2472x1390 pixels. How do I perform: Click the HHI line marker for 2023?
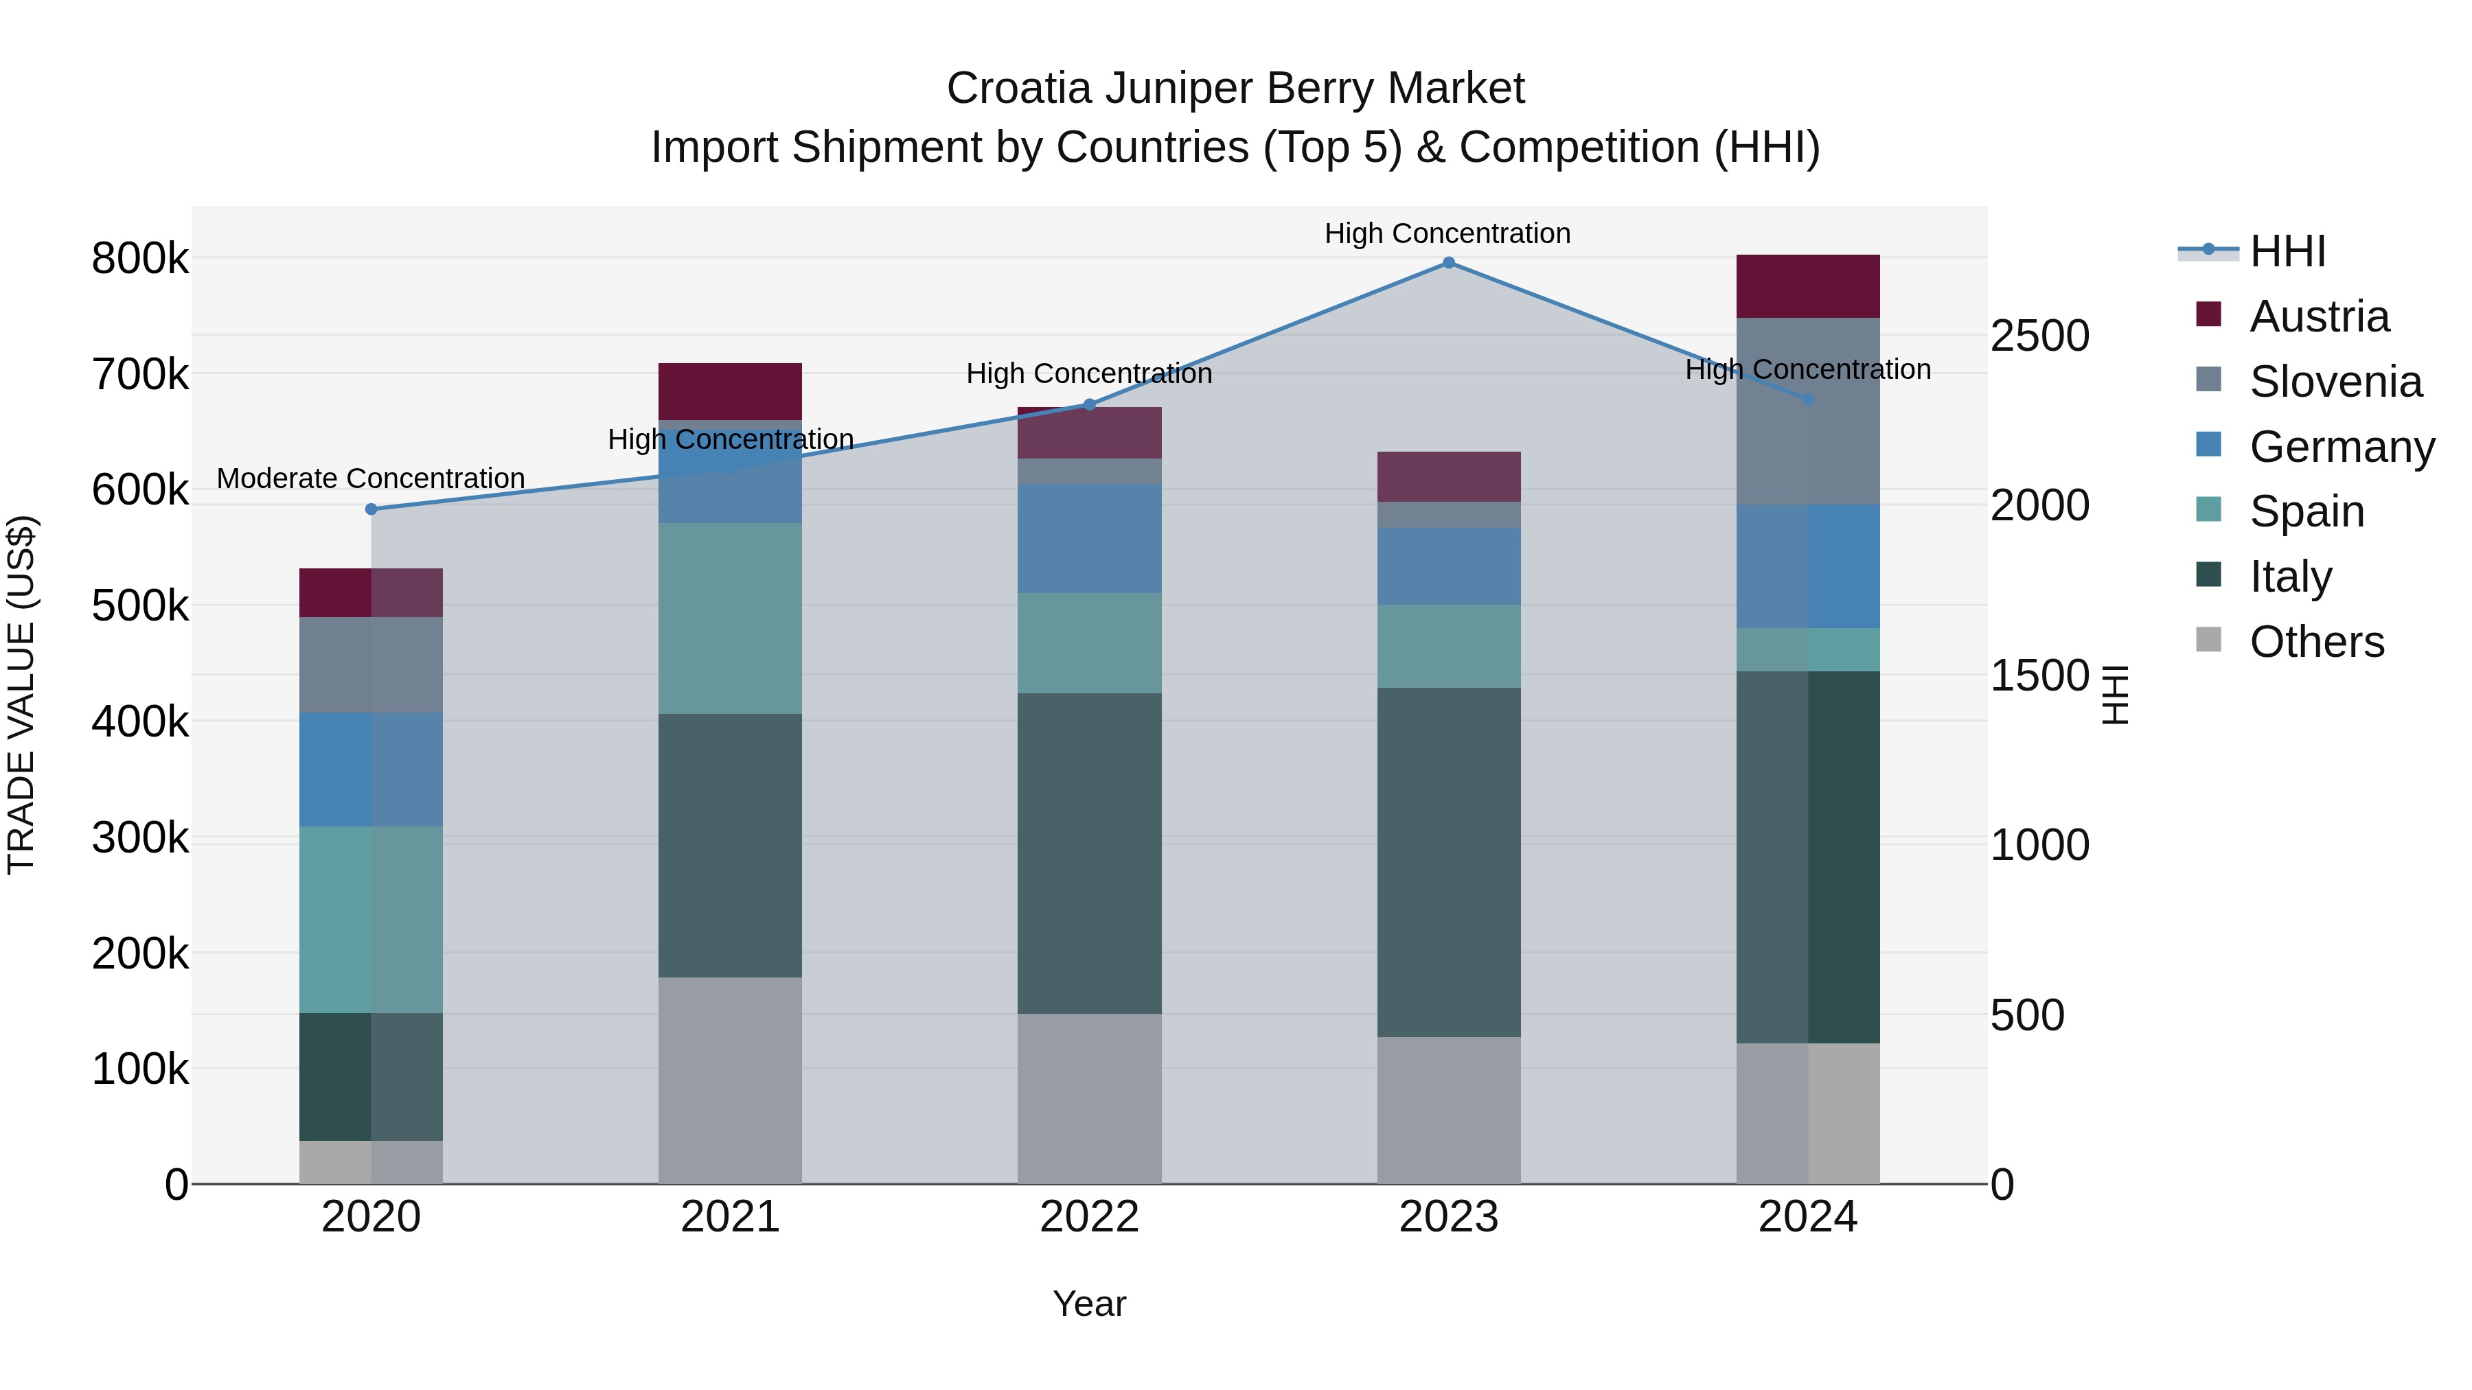point(1448,263)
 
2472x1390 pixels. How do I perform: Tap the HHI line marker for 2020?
point(371,509)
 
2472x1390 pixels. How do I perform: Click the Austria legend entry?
point(2318,316)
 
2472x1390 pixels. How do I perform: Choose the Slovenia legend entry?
point(2335,382)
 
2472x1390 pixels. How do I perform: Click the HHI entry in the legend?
point(2287,251)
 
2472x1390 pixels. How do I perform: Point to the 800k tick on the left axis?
point(140,259)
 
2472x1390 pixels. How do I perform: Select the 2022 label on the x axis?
point(1089,1217)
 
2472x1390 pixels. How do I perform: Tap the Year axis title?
point(1089,1304)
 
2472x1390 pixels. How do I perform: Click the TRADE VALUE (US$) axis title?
point(21,695)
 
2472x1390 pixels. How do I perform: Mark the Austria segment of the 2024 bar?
point(1808,286)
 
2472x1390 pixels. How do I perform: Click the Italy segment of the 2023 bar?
point(1449,861)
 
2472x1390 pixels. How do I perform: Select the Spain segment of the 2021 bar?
point(731,618)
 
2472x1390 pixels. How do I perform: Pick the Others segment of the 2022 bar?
point(1089,1098)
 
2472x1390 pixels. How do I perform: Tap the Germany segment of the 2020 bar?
point(371,769)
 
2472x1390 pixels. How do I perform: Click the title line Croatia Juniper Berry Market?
point(1235,89)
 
